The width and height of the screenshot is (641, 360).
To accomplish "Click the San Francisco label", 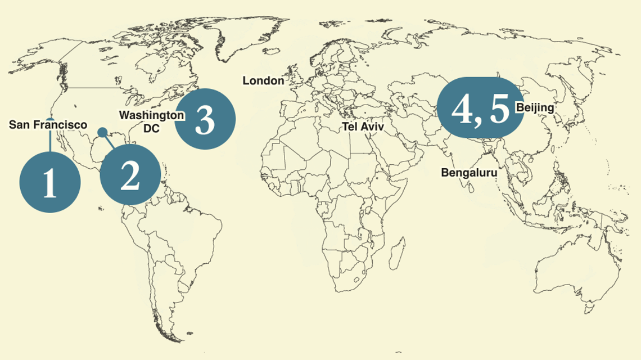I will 48,125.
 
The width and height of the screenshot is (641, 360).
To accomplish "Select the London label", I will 263,81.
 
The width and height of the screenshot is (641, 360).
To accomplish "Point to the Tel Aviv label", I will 363,127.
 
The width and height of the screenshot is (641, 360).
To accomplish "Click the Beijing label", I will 535,107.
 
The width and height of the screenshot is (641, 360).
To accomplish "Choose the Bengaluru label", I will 469,173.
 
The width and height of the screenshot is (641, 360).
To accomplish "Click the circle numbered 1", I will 50,182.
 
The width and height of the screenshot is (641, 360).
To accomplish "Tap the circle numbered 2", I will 130,175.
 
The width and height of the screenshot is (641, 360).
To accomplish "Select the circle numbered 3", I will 205,119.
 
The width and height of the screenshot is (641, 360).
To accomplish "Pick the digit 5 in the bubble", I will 498,109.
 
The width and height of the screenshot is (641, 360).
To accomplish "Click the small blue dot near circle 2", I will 102,132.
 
